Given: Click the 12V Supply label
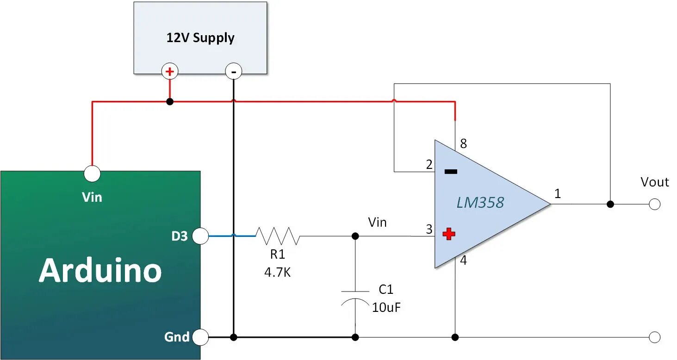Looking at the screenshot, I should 200,37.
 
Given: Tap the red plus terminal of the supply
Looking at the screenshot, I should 170,72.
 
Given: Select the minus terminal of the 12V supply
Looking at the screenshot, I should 233,72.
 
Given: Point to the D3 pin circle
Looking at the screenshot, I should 200,236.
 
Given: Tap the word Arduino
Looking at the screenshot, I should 100,271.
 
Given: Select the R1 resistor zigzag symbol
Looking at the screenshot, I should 278,236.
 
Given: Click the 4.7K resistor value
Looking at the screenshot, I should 278,273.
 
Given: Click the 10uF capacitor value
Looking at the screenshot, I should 386,307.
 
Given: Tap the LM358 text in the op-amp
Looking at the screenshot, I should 480,203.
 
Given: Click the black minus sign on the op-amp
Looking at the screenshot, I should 451,172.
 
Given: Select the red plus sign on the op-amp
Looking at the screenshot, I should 448,234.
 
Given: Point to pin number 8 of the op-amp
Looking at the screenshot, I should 463,144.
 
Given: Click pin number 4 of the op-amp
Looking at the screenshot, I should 463,261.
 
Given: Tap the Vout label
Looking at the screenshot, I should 654,182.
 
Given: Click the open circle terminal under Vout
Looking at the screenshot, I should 654,204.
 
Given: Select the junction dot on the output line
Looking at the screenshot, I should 610,204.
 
